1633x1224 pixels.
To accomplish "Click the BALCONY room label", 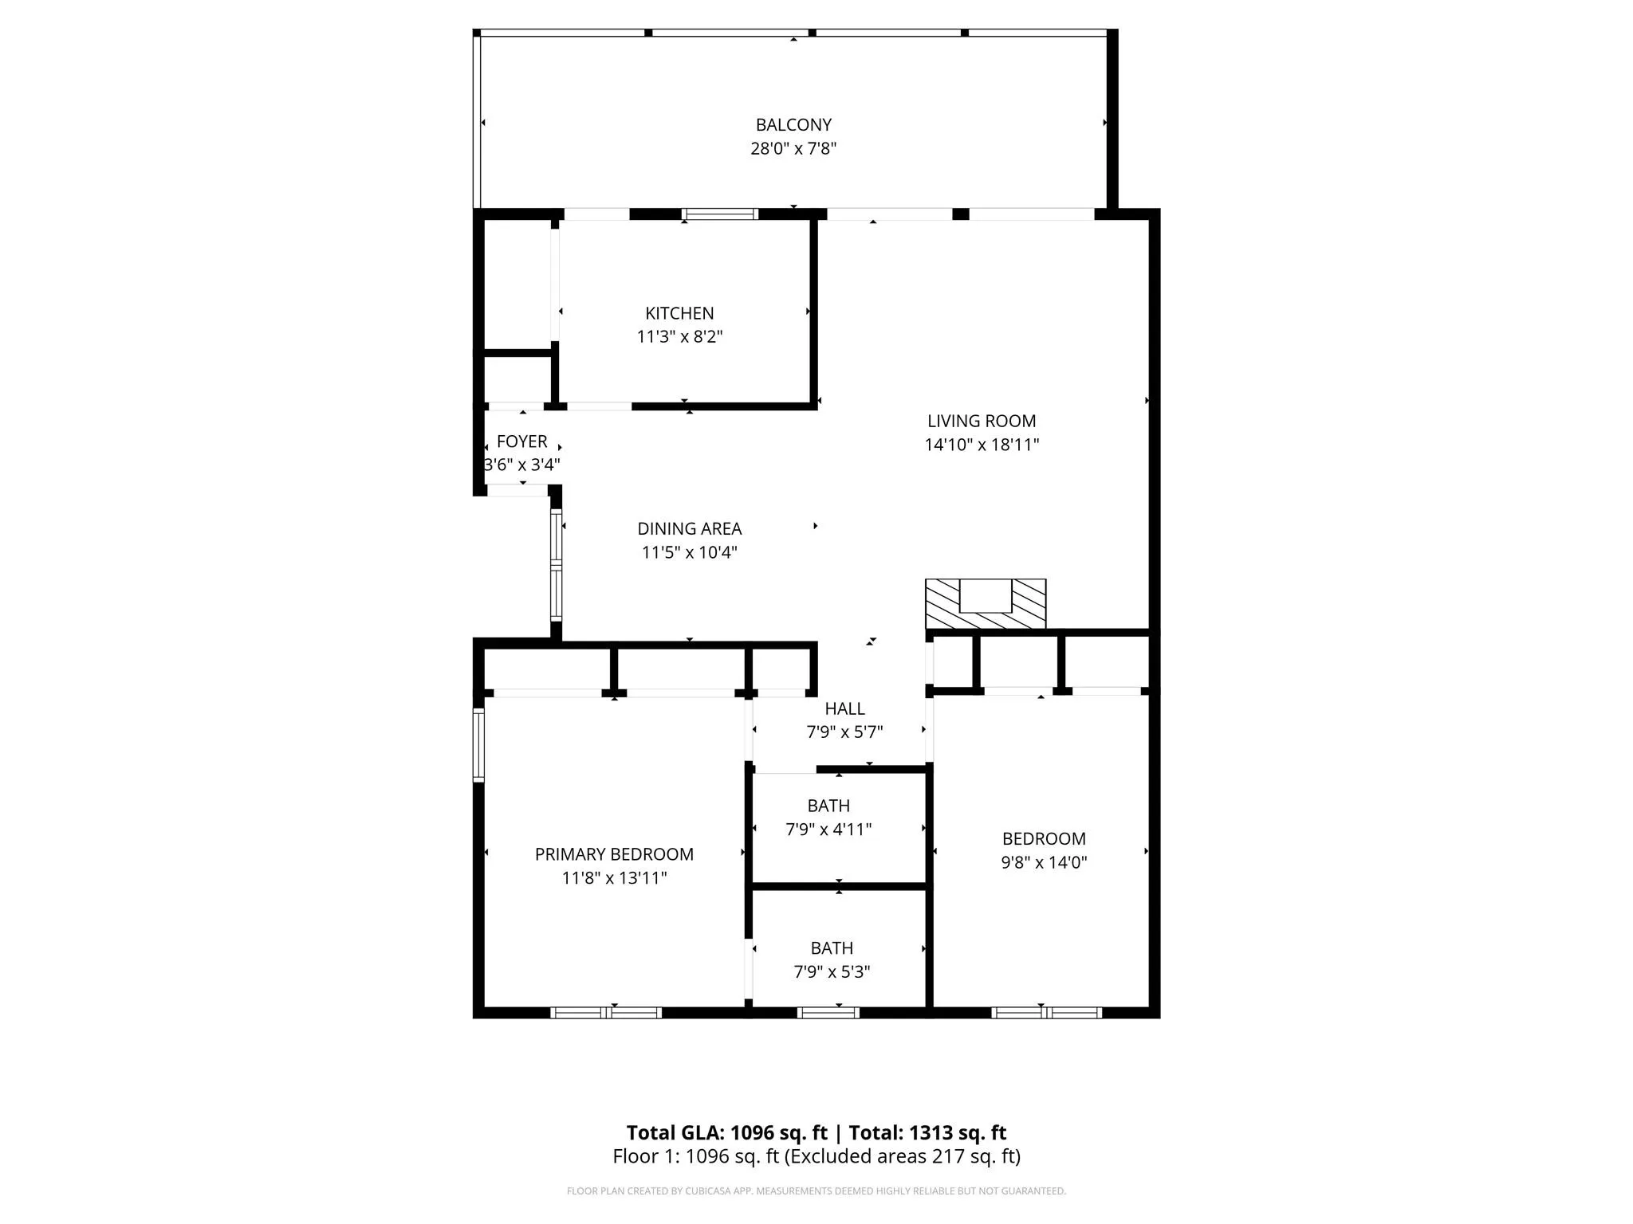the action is (793, 125).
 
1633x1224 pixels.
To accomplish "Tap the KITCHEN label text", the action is (679, 313).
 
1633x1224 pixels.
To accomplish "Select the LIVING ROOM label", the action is (982, 421).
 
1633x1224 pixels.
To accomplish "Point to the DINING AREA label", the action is (690, 528).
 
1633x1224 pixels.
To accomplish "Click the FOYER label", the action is (522, 441).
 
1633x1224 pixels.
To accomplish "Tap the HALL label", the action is (844, 708).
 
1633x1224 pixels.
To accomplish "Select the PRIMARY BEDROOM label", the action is (614, 854).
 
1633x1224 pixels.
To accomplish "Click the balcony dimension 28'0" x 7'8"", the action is (793, 148).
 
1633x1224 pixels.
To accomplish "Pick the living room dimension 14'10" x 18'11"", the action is (982, 445).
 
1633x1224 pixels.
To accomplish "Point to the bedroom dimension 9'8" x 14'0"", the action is (1044, 862).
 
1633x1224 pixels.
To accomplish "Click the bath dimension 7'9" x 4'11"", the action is (828, 830).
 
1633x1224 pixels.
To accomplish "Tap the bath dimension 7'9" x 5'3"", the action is (832, 972).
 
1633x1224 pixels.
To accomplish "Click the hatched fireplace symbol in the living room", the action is (986, 604).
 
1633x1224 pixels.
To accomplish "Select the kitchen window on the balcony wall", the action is (720, 214).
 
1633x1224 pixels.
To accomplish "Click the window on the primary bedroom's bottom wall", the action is (606, 1013).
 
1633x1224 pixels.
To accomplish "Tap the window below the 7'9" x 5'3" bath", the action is (828, 1013).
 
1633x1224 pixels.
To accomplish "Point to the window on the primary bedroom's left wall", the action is (478, 745).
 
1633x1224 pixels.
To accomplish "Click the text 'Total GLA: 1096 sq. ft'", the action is (727, 1133).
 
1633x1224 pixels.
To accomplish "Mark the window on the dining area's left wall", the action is (557, 565).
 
